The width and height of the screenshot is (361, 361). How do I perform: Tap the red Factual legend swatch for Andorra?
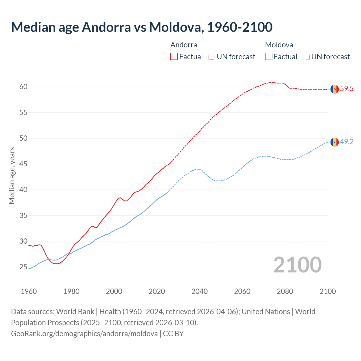coord(174,57)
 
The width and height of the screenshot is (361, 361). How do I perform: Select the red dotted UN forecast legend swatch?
coord(212,57)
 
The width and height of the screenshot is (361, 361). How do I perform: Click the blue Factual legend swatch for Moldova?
coord(269,57)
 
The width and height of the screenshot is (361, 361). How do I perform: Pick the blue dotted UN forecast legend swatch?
coord(306,57)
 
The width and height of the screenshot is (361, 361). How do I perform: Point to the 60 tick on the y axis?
coord(23,87)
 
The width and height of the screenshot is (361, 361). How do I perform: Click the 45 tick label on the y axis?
coord(23,164)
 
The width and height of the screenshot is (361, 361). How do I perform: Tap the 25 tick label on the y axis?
coord(23,267)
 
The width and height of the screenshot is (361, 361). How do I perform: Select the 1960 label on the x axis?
coord(29,291)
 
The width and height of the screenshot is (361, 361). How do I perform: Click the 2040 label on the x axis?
coord(199,291)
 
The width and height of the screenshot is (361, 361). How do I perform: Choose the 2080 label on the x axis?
coord(285,291)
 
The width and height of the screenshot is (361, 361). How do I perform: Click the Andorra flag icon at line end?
coord(334,89)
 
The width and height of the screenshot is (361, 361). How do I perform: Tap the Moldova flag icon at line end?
coord(334,142)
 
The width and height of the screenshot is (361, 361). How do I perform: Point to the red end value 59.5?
coord(347,89)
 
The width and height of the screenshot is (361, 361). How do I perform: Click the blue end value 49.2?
coord(347,142)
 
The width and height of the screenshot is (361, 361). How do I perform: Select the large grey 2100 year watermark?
coord(298,265)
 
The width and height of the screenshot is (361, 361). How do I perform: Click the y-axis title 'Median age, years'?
coord(12,175)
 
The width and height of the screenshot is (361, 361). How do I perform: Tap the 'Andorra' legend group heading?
coord(184,45)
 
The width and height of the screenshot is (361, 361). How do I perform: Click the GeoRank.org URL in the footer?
coord(84,334)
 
